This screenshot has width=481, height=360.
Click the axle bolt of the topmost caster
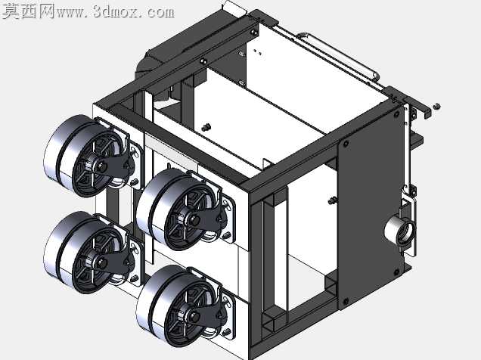(x=102, y=167)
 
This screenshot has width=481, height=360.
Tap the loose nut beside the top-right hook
(x=436, y=106)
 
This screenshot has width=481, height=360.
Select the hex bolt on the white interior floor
(x=206, y=126)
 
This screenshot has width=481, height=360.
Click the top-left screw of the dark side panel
(x=346, y=144)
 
